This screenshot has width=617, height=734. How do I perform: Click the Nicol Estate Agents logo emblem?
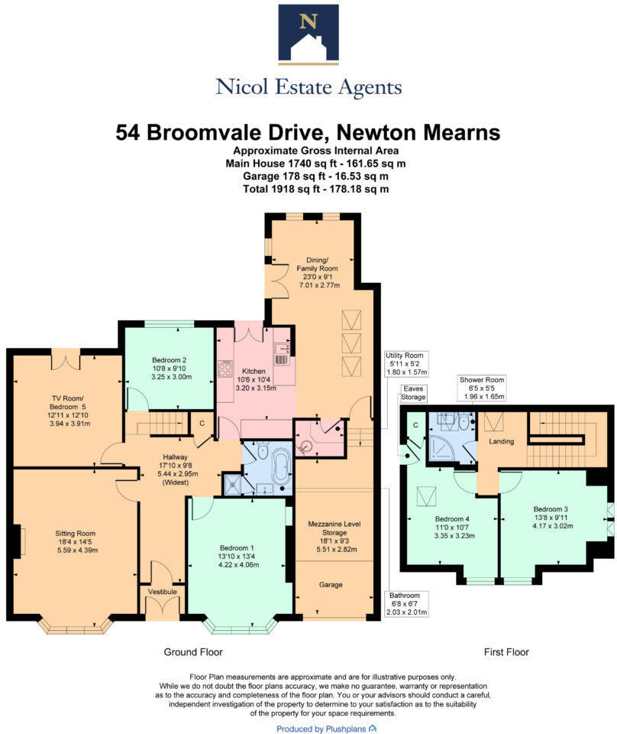tap(308, 33)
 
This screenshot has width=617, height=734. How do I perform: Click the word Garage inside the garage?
tap(331, 585)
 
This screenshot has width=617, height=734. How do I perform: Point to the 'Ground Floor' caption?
tap(193, 652)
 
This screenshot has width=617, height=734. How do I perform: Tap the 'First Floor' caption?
tap(506, 652)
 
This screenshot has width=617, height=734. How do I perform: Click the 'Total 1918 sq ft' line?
tap(308, 188)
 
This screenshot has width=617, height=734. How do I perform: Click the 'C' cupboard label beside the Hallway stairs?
tap(202, 423)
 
